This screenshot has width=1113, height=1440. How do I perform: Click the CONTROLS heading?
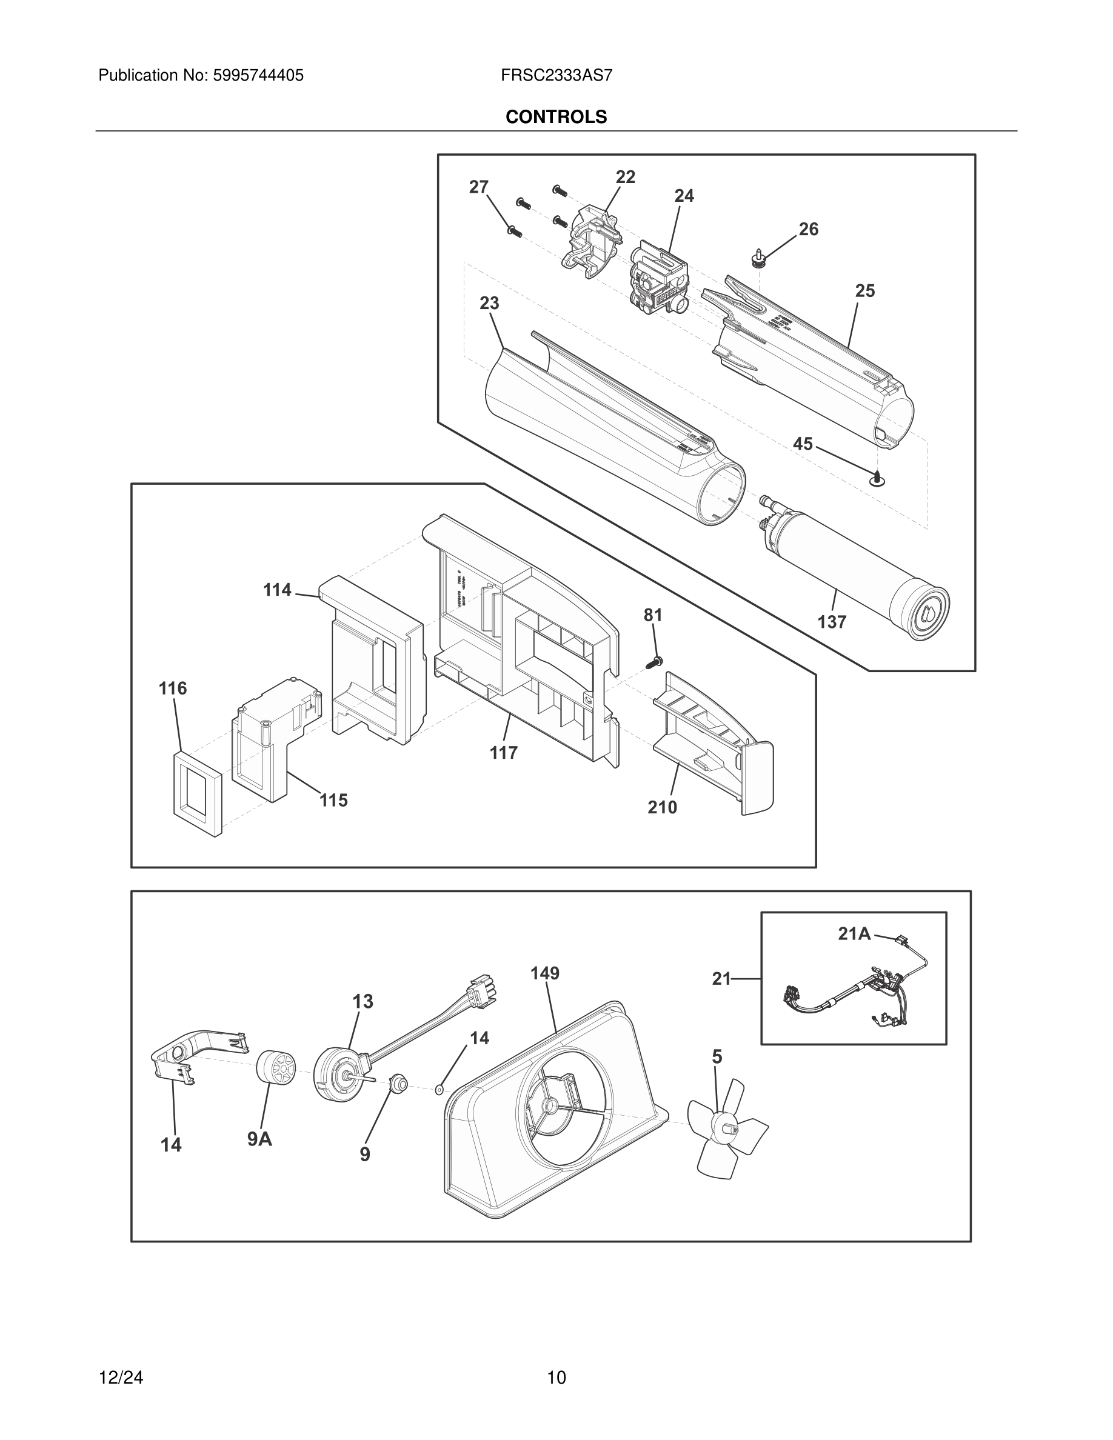[x=556, y=117]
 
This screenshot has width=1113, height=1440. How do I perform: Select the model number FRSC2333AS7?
[x=556, y=76]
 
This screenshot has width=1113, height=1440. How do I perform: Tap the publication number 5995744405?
[x=258, y=76]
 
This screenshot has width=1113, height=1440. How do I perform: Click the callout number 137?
[x=832, y=622]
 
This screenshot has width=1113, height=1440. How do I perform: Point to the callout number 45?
[x=803, y=444]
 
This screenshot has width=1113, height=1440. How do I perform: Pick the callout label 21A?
[x=855, y=933]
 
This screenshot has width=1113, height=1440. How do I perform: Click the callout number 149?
[x=544, y=973]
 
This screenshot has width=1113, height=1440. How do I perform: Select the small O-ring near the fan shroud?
[x=439, y=1090]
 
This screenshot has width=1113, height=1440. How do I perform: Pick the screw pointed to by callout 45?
[x=877, y=479]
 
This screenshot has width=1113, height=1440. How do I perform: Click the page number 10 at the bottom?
[x=556, y=1378]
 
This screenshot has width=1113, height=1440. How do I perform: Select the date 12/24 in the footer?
[x=121, y=1378]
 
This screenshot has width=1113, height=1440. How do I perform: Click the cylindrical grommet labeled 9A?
[x=276, y=1067]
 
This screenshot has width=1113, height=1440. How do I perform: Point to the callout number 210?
[x=662, y=807]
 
